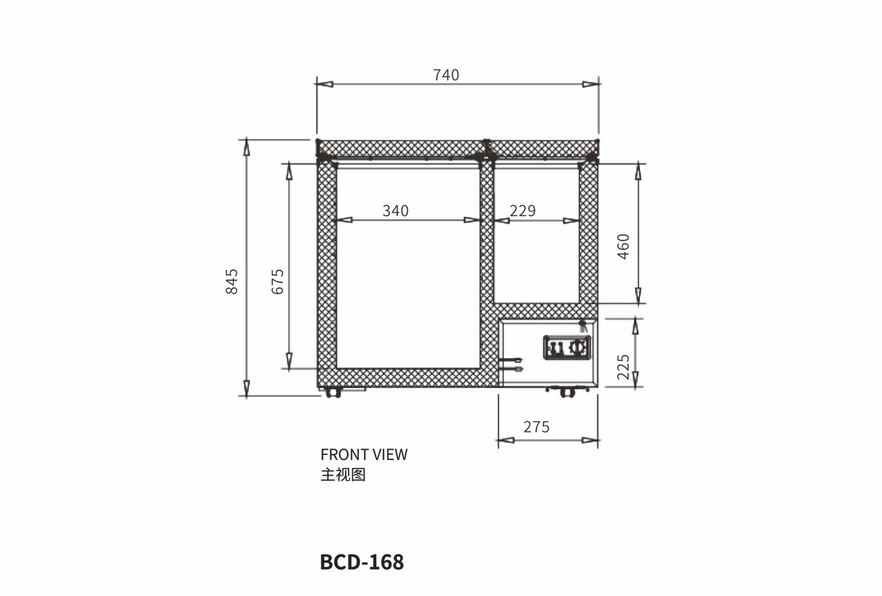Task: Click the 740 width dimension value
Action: coord(446,75)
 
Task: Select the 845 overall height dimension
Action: coord(232,281)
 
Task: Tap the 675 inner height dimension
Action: coord(278,281)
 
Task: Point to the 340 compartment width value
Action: coord(396,211)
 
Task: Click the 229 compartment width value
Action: coord(522,211)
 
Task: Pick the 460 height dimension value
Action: coord(623,246)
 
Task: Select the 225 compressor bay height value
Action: coord(623,367)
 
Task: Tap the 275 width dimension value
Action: coord(536,427)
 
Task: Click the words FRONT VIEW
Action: coord(364,455)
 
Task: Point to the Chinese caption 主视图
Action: coord(343,475)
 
